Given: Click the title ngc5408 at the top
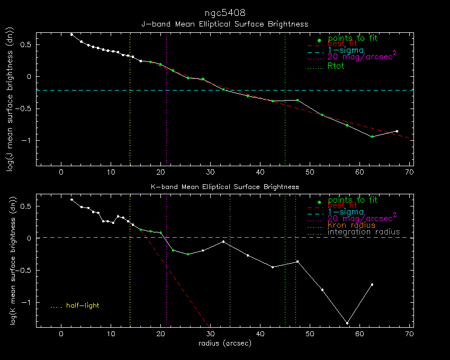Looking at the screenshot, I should (224, 12).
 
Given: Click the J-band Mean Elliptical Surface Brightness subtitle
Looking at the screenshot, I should (224, 24).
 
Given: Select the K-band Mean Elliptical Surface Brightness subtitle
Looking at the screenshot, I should (224, 187).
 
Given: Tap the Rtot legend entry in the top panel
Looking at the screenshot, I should (336, 66).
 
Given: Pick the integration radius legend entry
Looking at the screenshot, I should (364, 232).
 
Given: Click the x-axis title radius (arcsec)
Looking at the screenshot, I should (224, 343).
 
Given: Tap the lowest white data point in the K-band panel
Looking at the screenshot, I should (347, 323).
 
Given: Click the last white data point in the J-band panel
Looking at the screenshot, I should (397, 131).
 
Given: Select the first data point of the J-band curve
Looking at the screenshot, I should (71, 34).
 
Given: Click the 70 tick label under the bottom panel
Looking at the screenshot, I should (409, 334).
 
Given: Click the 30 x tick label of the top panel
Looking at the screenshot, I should (210, 172).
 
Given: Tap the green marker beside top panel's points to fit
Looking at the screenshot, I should (319, 41).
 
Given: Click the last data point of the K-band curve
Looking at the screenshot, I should (372, 284).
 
